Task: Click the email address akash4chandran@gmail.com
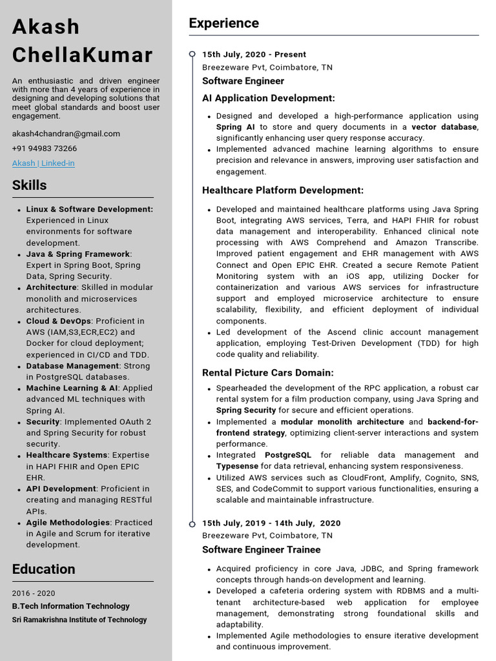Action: pos(66,134)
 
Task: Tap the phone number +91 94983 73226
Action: pos(44,148)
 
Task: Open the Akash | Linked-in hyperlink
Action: pos(43,163)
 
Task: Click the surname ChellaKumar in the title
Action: pos(83,55)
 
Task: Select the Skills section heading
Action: pos(30,185)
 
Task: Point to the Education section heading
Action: pos(44,569)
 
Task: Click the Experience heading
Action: pos(223,23)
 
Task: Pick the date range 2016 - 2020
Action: pos(34,593)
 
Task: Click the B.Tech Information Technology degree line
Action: pos(71,606)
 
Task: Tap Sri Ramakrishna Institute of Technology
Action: pos(79,620)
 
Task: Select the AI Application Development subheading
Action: pos(269,98)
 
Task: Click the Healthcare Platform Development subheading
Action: pos(283,190)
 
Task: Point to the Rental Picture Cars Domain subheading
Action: pos(268,373)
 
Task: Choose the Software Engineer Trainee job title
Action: pos(262,550)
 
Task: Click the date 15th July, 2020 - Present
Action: pos(254,55)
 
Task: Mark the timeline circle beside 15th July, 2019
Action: pos(192,523)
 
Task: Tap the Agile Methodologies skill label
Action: pos(68,523)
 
